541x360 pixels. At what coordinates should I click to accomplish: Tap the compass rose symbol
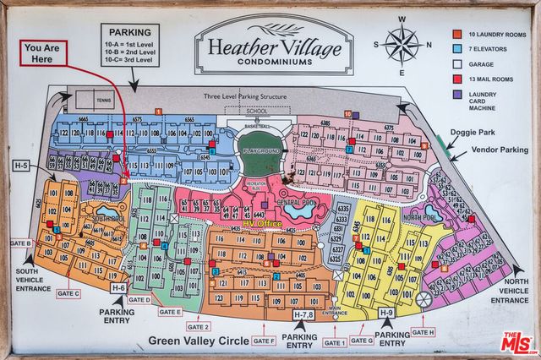(403, 45)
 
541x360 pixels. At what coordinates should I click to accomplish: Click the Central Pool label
(297, 204)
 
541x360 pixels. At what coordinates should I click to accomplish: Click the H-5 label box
(22, 165)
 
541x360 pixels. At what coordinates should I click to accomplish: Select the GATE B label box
(19, 243)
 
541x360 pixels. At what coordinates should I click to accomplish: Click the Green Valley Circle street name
(199, 341)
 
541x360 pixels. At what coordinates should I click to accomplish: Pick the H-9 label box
(386, 313)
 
